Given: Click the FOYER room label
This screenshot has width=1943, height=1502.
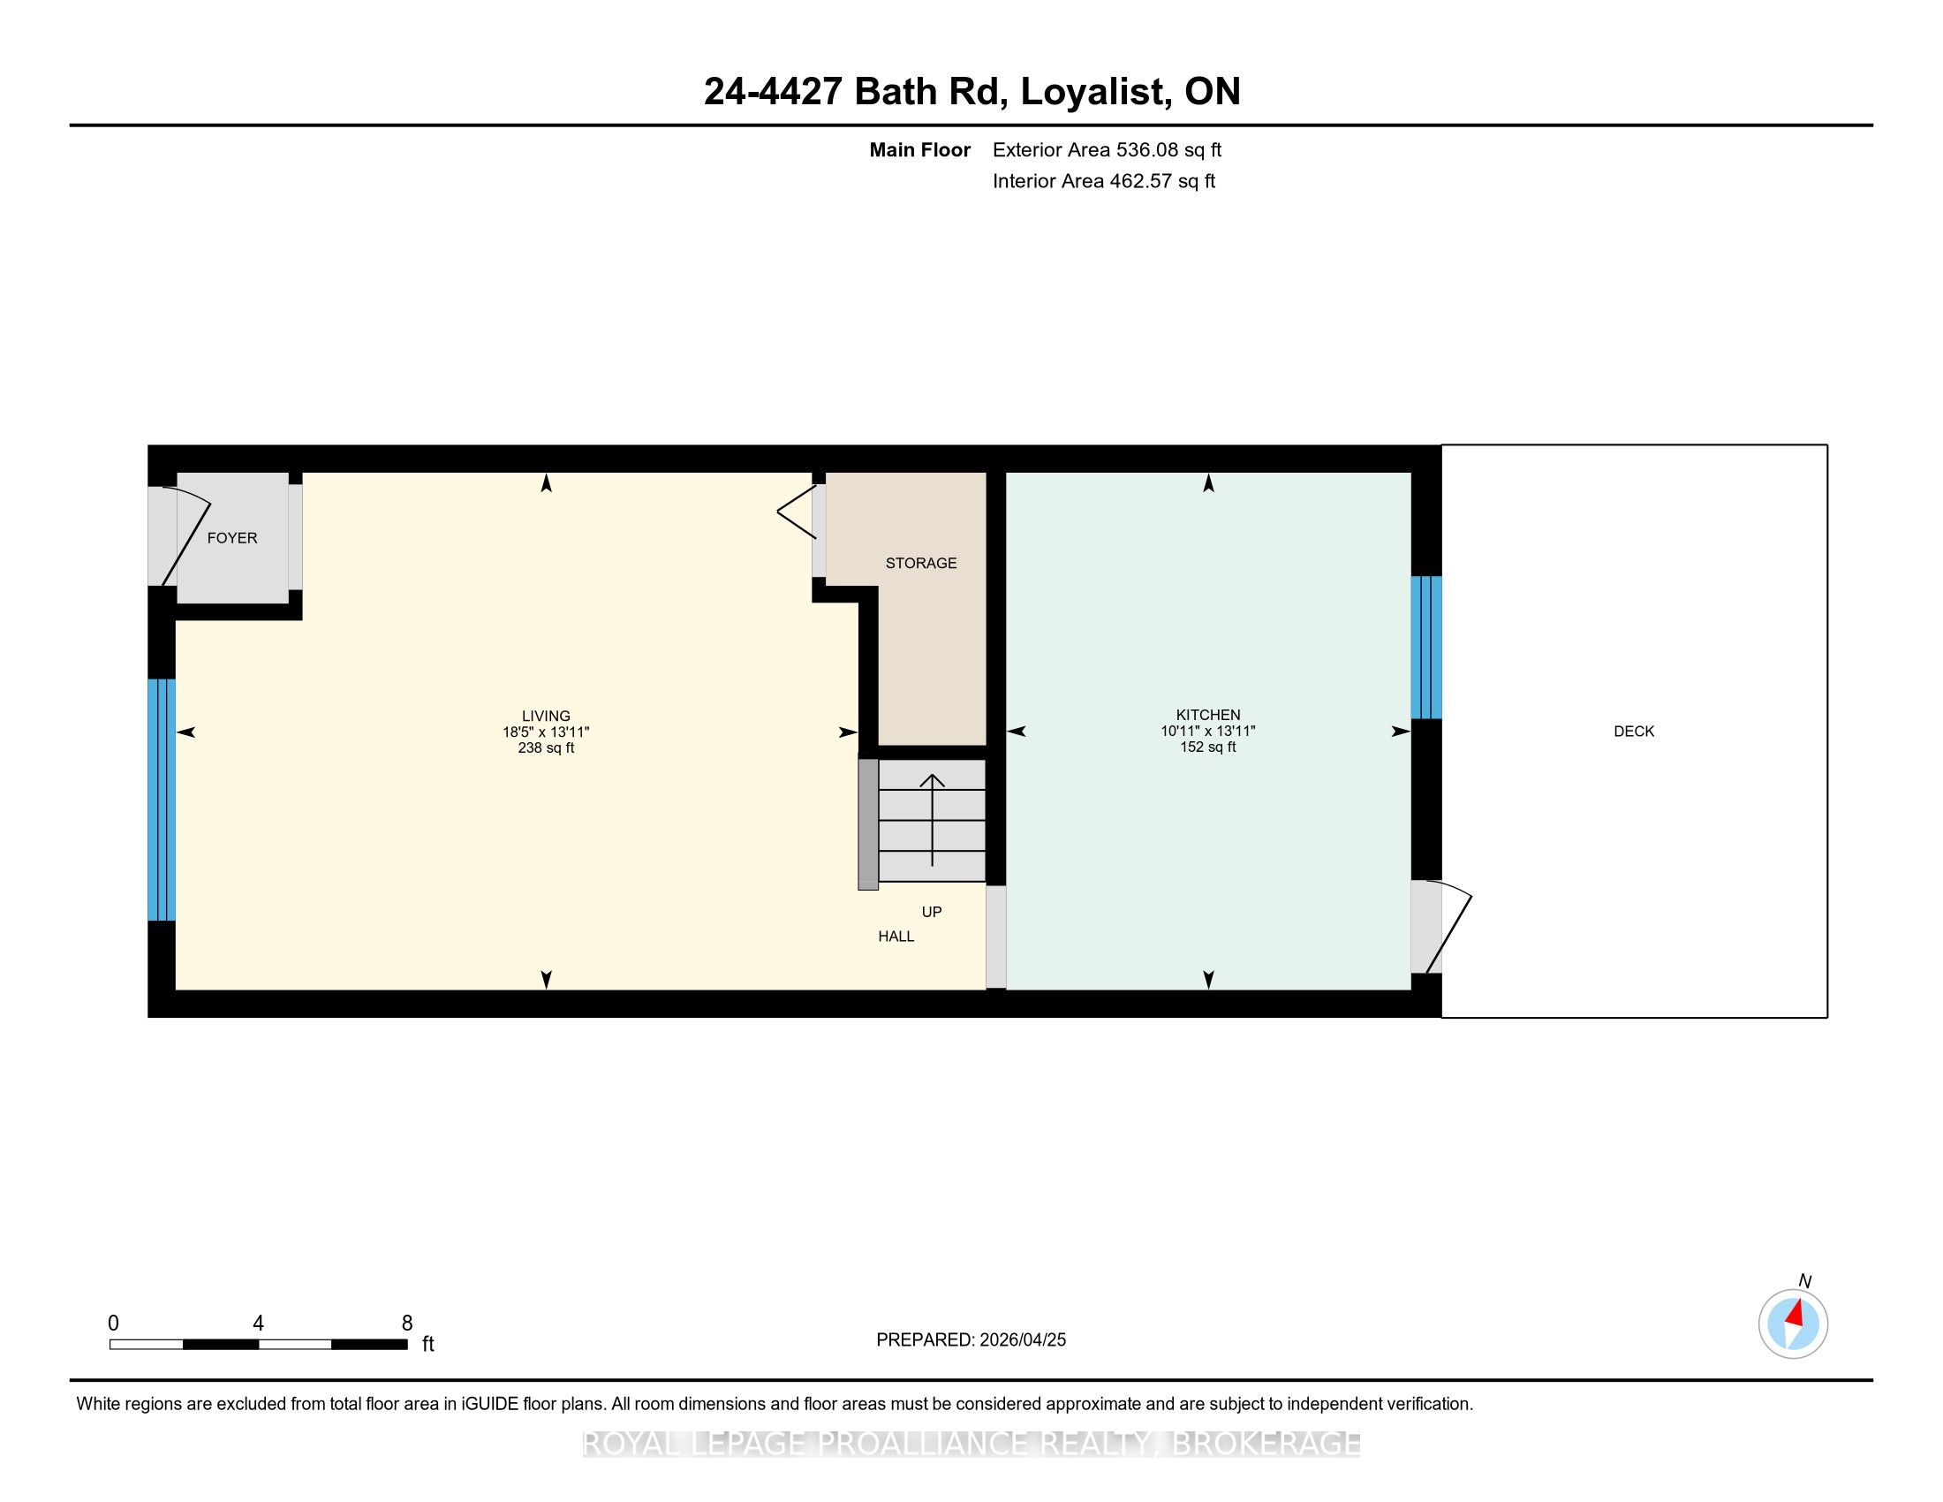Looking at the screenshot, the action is [232, 537].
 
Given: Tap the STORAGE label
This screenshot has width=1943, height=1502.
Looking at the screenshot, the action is [921, 562].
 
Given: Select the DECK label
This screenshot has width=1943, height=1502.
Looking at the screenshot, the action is [1634, 732].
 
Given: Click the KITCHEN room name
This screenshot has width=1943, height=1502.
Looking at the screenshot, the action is [1208, 715].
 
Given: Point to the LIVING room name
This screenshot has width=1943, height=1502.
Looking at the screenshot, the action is [546, 716].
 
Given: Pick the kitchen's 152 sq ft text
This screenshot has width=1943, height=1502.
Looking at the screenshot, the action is [1208, 747].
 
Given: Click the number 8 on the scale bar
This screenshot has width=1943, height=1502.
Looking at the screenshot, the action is [407, 1324].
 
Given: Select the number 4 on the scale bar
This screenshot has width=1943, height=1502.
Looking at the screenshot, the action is [258, 1324].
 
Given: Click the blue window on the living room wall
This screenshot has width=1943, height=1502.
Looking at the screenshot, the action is [161, 799].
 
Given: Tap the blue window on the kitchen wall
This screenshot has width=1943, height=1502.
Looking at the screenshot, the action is [1426, 647].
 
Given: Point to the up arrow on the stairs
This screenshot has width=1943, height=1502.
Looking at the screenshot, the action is [933, 820].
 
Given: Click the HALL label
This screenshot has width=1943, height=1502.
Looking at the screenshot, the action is [896, 936].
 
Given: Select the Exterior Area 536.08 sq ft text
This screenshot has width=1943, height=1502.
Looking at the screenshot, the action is [1107, 150].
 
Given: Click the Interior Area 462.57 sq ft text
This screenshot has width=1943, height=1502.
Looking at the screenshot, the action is [1104, 181].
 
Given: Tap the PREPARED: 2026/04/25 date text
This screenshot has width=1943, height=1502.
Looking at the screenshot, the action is [971, 1340].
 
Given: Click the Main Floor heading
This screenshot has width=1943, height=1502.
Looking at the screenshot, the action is [920, 150].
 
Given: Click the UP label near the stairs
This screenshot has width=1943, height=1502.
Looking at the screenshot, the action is [932, 912].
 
